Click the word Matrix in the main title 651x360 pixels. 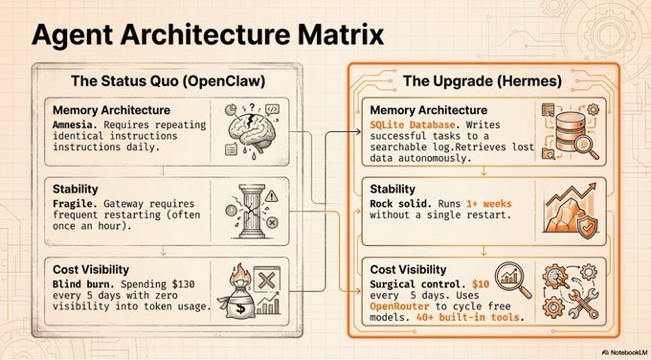342,34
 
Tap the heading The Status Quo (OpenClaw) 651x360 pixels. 168,80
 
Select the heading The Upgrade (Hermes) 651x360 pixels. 482,80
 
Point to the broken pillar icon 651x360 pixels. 252,212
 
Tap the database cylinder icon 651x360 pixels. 570,131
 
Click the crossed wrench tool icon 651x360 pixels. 583,304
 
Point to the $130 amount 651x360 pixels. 181,284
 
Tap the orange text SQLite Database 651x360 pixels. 413,124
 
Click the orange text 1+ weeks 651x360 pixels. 489,204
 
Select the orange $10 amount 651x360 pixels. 481,284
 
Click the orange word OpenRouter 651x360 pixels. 399,306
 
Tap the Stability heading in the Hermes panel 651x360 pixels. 393,190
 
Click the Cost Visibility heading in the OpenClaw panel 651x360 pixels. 91,269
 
